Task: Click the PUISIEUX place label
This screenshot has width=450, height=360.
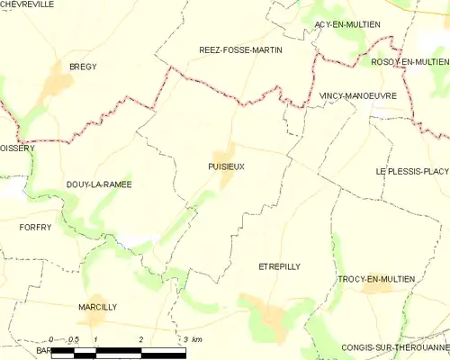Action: click(x=225, y=166)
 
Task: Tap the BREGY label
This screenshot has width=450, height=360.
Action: click(x=83, y=67)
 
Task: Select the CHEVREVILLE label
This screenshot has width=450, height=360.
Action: click(x=29, y=4)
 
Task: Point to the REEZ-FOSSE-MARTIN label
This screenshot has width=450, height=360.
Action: click(x=240, y=50)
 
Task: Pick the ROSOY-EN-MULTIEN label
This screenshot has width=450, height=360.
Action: click(x=409, y=60)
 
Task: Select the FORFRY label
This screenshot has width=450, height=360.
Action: click(x=35, y=228)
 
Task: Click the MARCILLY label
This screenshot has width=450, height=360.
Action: click(x=97, y=307)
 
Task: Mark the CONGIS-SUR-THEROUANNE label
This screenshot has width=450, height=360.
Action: click(x=395, y=347)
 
